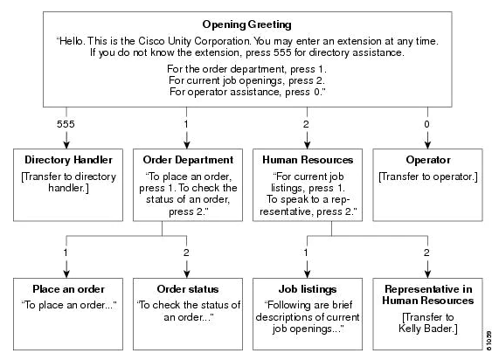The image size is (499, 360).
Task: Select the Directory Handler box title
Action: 66,160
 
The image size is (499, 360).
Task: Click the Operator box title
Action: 427,160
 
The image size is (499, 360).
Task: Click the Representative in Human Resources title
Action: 427,295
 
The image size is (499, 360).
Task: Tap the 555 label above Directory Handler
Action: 66,124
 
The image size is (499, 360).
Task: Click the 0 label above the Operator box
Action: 427,124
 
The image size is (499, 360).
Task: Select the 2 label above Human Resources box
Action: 306,124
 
